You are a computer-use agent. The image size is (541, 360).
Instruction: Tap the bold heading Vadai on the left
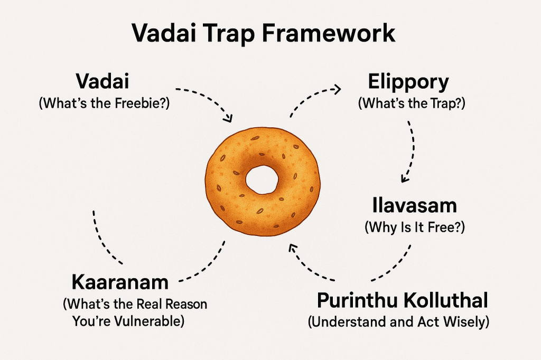[x=103, y=82]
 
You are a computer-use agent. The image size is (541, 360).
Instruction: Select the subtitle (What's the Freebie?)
[x=105, y=103]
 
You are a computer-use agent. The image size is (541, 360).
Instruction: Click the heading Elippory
[x=408, y=82]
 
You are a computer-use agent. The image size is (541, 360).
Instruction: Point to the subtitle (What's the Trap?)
[x=412, y=103]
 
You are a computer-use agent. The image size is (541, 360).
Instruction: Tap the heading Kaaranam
[x=119, y=282]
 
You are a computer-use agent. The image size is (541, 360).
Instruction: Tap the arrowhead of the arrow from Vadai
[x=228, y=119]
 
